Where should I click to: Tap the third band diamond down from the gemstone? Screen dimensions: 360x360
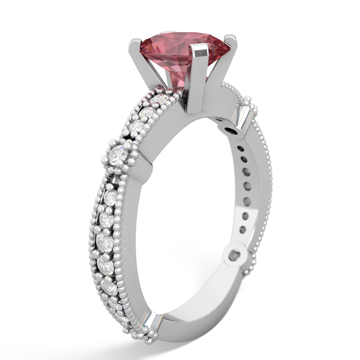138,126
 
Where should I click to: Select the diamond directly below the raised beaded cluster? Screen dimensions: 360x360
110,197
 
